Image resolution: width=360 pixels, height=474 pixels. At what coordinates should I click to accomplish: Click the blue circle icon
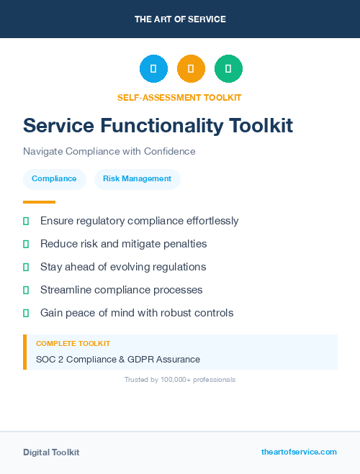(153, 69)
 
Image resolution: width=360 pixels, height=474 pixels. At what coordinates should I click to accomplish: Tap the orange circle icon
(191, 69)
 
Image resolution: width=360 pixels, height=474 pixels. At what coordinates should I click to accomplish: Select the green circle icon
(228, 69)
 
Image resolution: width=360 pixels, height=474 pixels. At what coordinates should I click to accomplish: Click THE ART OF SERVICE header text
(180, 19)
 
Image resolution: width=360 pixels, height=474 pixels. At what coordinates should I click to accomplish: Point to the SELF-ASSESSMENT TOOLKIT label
(179, 97)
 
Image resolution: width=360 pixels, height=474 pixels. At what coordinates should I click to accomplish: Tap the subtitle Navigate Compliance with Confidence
(109, 152)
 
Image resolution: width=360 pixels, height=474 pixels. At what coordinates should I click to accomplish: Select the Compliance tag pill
(54, 178)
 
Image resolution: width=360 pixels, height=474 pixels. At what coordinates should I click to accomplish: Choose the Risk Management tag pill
(137, 178)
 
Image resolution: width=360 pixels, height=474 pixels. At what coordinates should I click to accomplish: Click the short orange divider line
(39, 202)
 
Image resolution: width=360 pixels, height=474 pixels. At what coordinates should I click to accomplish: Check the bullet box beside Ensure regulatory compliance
(26, 221)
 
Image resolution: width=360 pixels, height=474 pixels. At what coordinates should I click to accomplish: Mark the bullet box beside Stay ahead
(26, 267)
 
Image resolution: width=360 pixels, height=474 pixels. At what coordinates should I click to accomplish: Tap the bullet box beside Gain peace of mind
(26, 313)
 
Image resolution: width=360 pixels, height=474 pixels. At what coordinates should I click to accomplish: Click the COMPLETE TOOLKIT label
(73, 344)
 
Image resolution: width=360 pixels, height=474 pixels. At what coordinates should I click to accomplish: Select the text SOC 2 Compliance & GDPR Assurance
(118, 359)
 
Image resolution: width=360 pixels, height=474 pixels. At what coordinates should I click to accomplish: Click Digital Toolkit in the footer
(51, 452)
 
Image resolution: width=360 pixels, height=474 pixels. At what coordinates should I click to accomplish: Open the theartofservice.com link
(299, 452)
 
